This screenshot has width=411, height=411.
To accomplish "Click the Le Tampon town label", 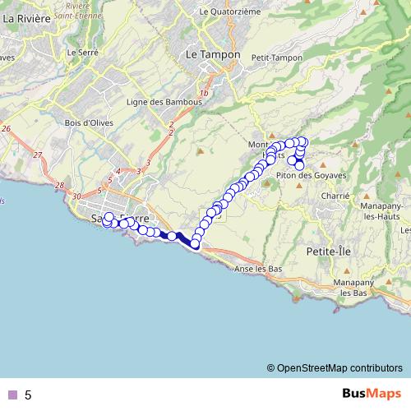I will click(213, 54).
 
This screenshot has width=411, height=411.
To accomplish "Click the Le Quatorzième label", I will click(231, 12).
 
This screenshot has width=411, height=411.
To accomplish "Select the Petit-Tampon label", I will click(274, 58).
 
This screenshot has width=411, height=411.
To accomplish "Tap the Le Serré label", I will click(84, 53).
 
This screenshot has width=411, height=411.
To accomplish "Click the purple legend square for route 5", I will click(11, 395).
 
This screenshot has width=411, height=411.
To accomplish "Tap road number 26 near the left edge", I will click(6, 129).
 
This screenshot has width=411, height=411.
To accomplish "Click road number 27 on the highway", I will click(38, 155).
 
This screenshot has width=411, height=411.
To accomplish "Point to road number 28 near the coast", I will click(58, 186).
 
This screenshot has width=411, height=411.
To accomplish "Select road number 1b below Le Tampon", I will click(203, 94).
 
